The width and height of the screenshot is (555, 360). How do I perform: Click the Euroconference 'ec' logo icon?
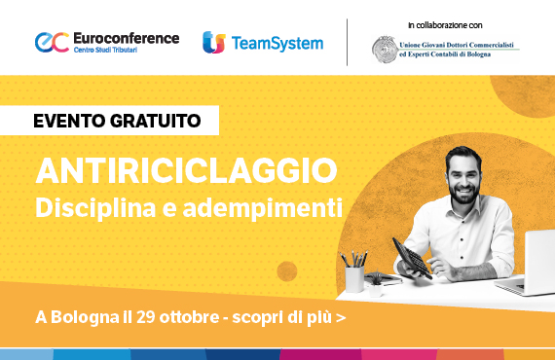click(51, 42)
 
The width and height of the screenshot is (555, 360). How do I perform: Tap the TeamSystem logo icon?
click(213, 42)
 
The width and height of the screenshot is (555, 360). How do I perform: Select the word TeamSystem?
click(277, 43)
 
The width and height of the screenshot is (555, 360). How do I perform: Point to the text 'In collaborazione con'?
click(444, 23)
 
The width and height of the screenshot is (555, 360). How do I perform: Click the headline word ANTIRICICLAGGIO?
click(186, 171)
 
